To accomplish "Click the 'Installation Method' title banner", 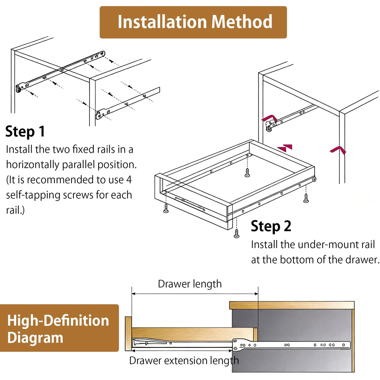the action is coord(193,22).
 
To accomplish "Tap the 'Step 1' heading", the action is coord(25,131).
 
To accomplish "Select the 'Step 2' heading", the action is coord(271,226).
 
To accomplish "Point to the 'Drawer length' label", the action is coord(190,284).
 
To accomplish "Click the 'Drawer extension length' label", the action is coord(184,361).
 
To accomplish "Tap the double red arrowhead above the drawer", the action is coord(285,148).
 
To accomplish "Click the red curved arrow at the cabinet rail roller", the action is coord(270,118).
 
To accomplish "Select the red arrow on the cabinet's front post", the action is coord(338,150).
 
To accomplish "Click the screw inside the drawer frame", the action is coord(247,173).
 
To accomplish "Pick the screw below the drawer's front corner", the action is coord(237,233).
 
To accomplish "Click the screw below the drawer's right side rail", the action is coord(306,198).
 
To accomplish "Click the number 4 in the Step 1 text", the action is coord(129,180).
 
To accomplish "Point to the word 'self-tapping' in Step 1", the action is coord(33,195).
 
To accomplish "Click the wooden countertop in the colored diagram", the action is coord(292,305).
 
